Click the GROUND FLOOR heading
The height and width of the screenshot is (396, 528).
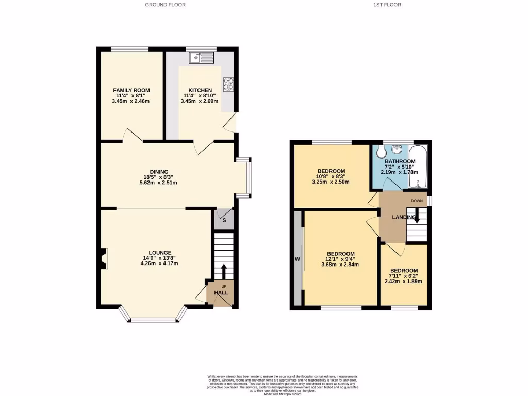click(x=165, y=5)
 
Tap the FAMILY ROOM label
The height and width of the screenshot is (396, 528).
click(x=131, y=90)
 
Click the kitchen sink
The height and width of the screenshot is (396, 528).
click(x=202, y=58)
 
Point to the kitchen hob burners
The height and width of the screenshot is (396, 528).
click(x=228, y=84)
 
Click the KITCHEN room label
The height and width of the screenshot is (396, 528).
click(x=200, y=90)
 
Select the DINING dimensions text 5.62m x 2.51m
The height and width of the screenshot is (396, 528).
click(x=159, y=183)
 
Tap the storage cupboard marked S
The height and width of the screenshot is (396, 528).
click(x=224, y=220)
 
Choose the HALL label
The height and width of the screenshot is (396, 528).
click(x=221, y=293)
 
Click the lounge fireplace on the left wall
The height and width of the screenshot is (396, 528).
click(x=104, y=258)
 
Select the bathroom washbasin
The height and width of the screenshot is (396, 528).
click(x=398, y=150)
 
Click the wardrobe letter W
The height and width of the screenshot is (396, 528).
click(x=298, y=259)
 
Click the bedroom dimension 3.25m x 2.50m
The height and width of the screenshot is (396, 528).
click(x=331, y=182)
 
